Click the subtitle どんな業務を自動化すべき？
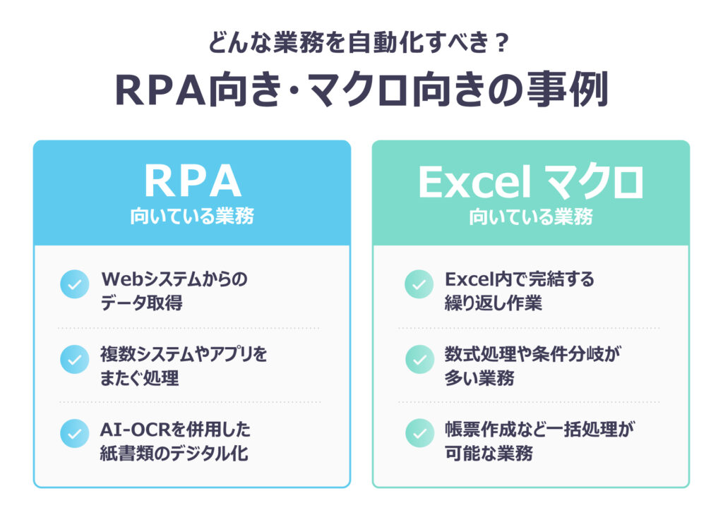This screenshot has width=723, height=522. click(359, 43)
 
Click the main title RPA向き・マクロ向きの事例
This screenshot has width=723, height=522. click(361, 90)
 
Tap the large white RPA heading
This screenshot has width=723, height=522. click(192, 181)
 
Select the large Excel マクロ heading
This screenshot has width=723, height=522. click(531, 183)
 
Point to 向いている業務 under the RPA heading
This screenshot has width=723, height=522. click(192, 216)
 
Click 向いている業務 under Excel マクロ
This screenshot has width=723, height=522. click(531, 217)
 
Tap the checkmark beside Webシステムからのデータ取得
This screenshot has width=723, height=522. click(75, 284)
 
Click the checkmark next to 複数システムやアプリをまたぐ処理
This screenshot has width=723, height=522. click(75, 359)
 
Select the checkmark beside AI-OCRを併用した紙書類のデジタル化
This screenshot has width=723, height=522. click(75, 434)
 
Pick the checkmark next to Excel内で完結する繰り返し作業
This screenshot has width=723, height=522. click(419, 284)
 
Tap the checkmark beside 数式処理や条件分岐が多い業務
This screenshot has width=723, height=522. click(419, 359)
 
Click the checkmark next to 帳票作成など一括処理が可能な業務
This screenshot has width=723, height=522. click(419, 434)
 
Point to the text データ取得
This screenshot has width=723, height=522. click(141, 303)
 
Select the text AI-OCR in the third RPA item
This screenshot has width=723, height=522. click(136, 430)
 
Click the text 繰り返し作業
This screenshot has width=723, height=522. click(493, 303)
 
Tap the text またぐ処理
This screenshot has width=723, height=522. click(140, 378)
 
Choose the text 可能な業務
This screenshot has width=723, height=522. click(489, 454)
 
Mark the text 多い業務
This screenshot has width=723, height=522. click(479, 378)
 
